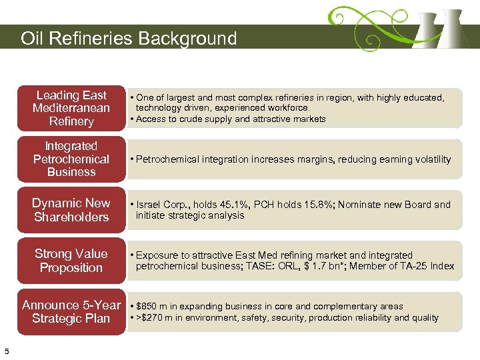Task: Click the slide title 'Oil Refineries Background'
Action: click(x=129, y=38)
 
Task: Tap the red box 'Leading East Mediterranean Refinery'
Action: click(x=71, y=108)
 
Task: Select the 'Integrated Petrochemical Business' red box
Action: click(x=71, y=159)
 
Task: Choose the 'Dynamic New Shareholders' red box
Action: click(x=71, y=209)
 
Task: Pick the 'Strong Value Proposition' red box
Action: click(x=71, y=260)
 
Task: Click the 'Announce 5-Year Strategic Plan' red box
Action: click(x=71, y=311)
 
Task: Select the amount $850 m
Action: click(x=152, y=307)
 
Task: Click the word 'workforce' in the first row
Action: click(x=288, y=107)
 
